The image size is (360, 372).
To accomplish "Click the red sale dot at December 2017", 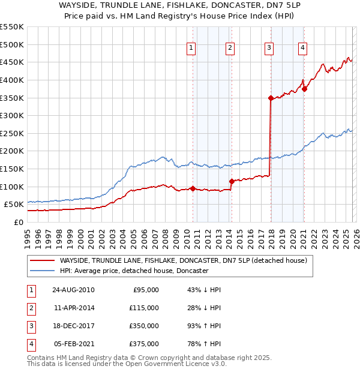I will click(x=271, y=98).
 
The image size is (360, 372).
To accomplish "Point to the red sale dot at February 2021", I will click(x=304, y=89).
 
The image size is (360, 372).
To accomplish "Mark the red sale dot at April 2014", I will click(x=231, y=181).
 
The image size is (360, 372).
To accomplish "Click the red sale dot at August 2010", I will click(x=193, y=188).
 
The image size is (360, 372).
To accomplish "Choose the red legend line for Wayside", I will click(x=42, y=260).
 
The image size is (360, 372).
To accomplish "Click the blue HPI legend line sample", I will click(x=42, y=271).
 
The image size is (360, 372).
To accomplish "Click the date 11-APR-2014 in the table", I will click(x=74, y=307).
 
